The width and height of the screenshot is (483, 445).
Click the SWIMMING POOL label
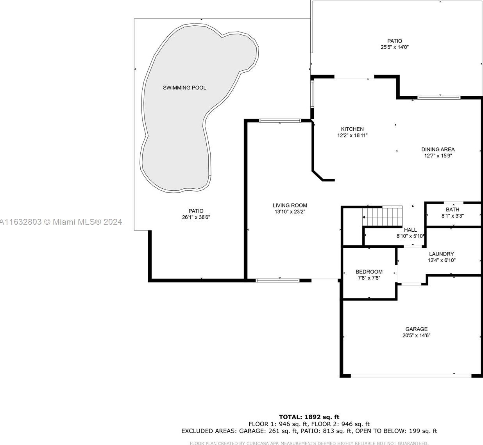(184, 88)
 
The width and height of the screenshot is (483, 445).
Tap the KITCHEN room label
(352, 129)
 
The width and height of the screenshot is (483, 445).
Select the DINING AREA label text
(438, 149)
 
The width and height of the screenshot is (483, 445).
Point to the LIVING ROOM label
(290, 206)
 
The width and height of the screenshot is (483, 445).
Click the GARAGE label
(417, 329)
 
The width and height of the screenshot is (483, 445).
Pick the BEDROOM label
(369, 272)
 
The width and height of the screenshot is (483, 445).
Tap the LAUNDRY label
(442, 254)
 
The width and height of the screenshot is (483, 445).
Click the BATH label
(453, 209)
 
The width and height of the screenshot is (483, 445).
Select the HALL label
(411, 230)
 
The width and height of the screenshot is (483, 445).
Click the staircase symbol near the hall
(382, 217)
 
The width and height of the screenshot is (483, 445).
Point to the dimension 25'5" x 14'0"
(395, 47)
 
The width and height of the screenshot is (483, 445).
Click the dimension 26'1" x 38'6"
(196, 217)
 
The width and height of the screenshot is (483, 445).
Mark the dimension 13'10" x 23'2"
(290, 212)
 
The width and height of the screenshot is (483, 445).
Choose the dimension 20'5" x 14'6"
(417, 335)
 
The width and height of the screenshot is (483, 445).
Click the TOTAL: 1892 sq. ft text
(309, 417)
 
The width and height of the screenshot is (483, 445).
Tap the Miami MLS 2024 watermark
(61, 222)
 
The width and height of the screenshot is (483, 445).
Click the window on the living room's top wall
(280, 121)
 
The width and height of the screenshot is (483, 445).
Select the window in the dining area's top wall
(439, 98)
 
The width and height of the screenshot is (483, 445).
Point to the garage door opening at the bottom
(411, 375)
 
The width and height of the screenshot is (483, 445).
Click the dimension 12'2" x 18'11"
(352, 135)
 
